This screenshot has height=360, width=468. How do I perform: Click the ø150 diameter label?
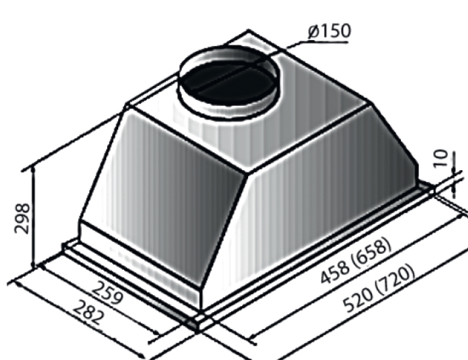click(330, 31)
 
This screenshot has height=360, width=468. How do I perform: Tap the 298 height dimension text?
click(22, 218)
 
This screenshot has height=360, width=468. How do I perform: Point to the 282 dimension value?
click(89, 313)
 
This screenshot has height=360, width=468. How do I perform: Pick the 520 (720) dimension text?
click(379, 288)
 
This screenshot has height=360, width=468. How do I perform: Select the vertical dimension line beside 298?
click(33, 217)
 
